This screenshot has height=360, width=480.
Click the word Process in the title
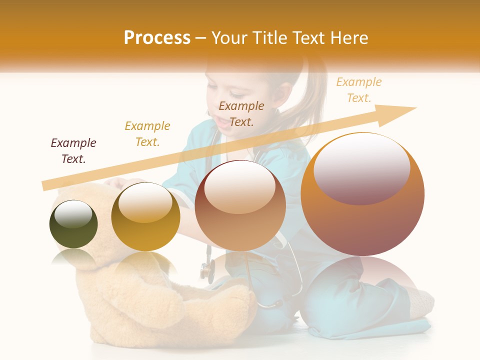[x=157, y=38]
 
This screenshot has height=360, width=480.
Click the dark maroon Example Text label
[x=73, y=151]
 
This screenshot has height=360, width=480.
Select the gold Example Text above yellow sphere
[x=147, y=134]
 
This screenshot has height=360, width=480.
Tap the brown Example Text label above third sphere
[x=241, y=113]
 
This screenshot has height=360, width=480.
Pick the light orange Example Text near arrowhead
[x=358, y=90]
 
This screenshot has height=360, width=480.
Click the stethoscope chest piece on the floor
[x=206, y=270]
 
